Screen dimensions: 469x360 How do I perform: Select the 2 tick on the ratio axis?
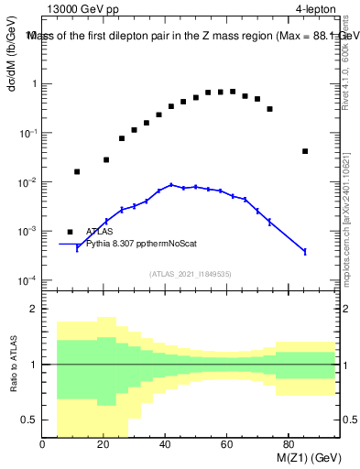[33, 309]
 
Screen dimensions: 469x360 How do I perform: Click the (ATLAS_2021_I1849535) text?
[190, 273]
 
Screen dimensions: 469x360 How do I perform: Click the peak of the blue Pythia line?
[171, 184]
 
